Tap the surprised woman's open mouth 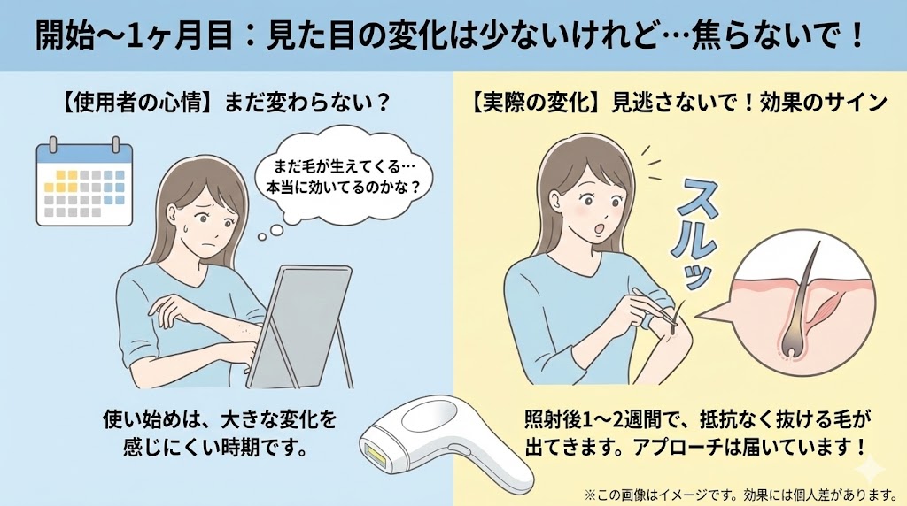click(600, 229)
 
